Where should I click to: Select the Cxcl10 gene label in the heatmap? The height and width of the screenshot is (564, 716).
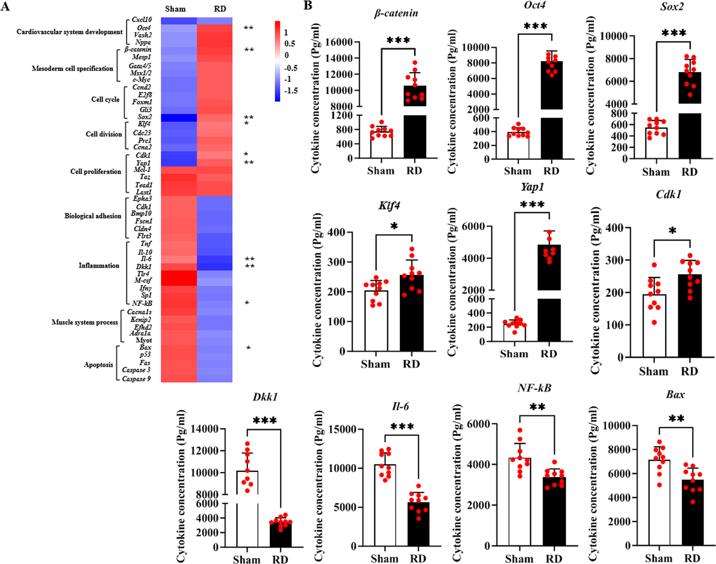[x=141, y=20]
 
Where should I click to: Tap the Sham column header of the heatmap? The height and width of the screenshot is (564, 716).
[x=176, y=9]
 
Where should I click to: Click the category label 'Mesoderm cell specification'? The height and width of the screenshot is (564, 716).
[x=72, y=69]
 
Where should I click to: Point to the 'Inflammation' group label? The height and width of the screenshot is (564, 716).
[x=99, y=265]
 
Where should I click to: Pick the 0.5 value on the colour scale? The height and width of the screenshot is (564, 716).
[x=289, y=44]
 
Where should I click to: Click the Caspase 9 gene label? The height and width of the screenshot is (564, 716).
[x=136, y=379]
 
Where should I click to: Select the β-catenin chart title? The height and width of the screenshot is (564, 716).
[x=396, y=13]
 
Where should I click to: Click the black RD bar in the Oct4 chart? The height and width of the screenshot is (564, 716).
[x=551, y=109]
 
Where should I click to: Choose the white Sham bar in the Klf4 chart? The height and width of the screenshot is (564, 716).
[x=376, y=320]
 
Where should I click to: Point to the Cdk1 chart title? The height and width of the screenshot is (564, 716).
[x=668, y=195]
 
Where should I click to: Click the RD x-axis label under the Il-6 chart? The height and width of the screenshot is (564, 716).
[x=418, y=558]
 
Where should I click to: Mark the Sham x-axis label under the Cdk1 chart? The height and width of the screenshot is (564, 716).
[x=653, y=371]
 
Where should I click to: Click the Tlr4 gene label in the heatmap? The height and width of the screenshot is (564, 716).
[x=143, y=274]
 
